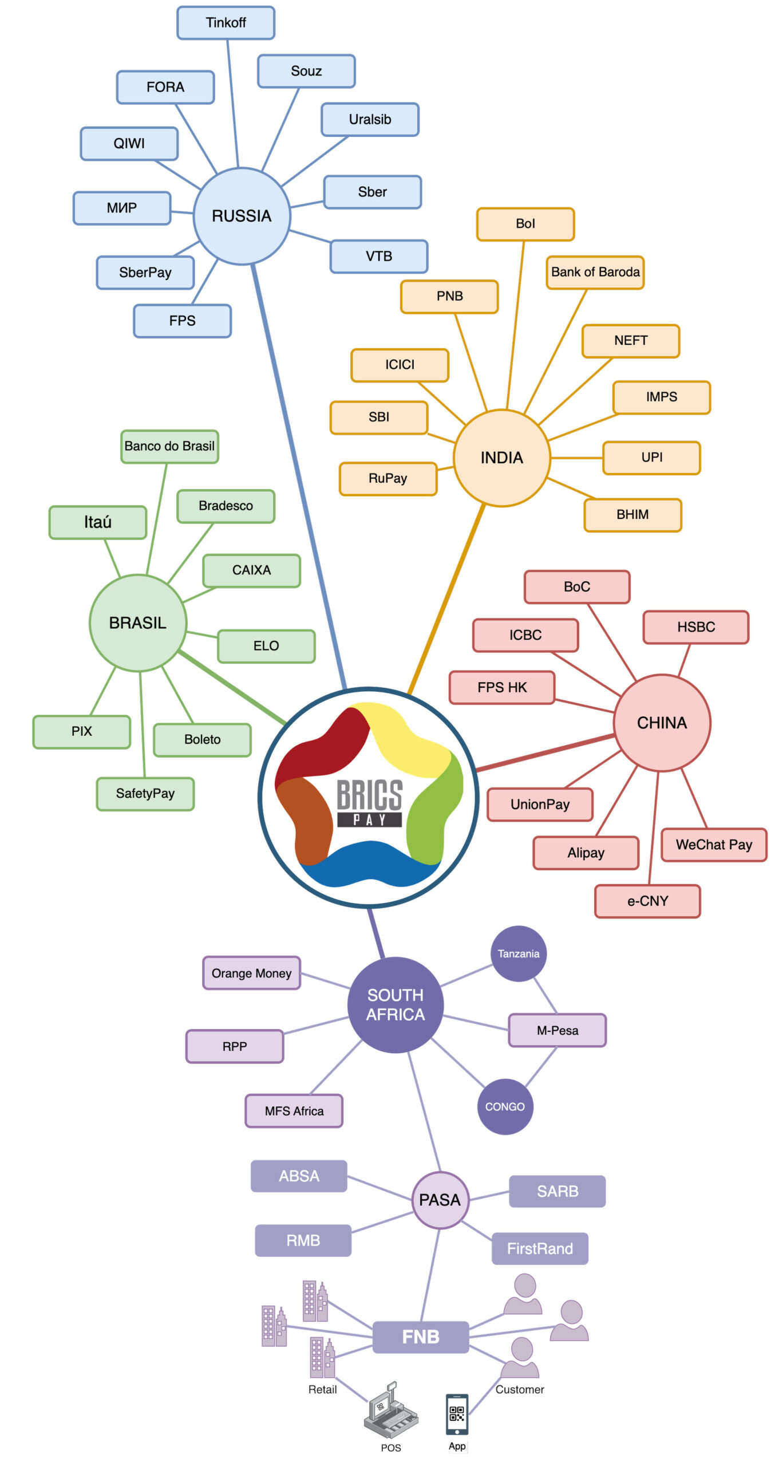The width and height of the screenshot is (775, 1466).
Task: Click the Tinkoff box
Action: (226, 23)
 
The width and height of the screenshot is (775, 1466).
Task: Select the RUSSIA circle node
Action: (242, 216)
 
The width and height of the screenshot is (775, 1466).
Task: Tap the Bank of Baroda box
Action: (595, 272)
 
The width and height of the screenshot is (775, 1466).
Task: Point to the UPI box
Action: (651, 458)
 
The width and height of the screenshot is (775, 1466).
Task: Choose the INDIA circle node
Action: (501, 458)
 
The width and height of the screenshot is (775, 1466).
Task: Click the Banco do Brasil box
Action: (169, 446)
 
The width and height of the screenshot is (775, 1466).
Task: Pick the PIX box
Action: (81, 731)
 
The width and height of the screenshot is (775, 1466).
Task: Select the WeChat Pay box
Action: (713, 845)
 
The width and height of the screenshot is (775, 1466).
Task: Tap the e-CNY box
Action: (647, 901)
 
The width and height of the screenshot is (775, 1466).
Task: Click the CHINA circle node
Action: (661, 723)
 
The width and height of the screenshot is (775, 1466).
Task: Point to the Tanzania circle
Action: (518, 953)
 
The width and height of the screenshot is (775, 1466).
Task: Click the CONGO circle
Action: (504, 1106)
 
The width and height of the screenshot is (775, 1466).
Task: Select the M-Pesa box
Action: (557, 1030)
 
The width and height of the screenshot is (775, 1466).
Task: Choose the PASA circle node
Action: (440, 1200)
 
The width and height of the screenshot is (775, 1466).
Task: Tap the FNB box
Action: (420, 1337)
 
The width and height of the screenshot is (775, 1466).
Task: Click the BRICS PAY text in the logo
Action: (369, 802)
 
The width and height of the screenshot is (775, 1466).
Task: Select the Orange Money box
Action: (251, 973)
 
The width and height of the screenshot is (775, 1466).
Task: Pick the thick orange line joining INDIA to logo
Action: (446, 598)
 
